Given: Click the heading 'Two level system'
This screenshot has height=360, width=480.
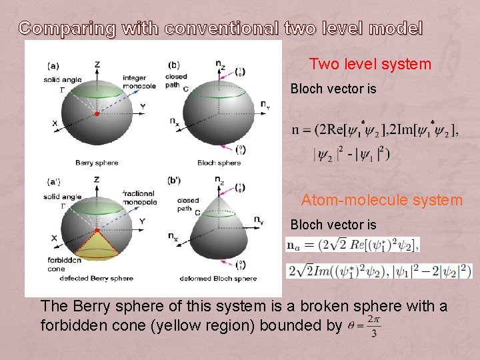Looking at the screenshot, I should (x=370, y=65).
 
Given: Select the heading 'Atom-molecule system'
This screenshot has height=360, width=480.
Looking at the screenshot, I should (x=381, y=199).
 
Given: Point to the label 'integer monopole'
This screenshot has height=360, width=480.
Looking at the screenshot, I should (x=139, y=82).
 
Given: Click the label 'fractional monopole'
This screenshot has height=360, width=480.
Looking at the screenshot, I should (x=139, y=197).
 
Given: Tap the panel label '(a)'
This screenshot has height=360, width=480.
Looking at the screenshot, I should (x=53, y=65).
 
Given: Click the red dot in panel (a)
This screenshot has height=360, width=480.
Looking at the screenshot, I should (x=97, y=115).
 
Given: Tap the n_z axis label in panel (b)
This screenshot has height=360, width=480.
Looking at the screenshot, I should (x=219, y=63).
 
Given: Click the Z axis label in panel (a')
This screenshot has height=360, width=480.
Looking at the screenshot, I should (x=97, y=179).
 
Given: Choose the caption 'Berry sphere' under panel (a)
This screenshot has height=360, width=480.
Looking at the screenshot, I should (x=97, y=163).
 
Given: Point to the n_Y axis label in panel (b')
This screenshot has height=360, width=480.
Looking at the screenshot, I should (x=258, y=220).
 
